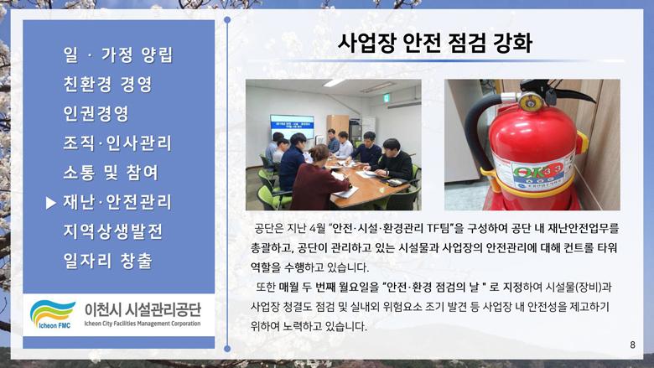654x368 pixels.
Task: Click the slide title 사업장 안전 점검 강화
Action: click(x=434, y=43)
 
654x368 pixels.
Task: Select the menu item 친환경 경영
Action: click(x=108, y=84)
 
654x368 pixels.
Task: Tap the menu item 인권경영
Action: click(x=96, y=113)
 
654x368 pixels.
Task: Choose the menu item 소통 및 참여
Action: click(x=111, y=173)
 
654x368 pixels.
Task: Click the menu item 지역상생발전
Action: click(x=113, y=231)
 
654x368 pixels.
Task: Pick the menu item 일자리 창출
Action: click(x=108, y=261)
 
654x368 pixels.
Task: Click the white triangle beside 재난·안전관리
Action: click(x=51, y=203)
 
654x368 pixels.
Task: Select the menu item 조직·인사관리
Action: click(x=117, y=143)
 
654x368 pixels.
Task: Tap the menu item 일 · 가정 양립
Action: click(x=118, y=55)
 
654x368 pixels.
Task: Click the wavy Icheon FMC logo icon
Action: click(x=52, y=314)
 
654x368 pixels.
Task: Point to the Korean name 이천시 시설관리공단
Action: click(x=143, y=309)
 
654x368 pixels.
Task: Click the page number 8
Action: click(x=633, y=345)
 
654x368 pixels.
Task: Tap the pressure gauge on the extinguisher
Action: click(x=530, y=101)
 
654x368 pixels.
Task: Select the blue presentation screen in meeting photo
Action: click(x=292, y=127)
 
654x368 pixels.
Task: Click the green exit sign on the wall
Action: click(x=387, y=98)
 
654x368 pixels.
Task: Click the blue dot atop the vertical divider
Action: click(x=227, y=19)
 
